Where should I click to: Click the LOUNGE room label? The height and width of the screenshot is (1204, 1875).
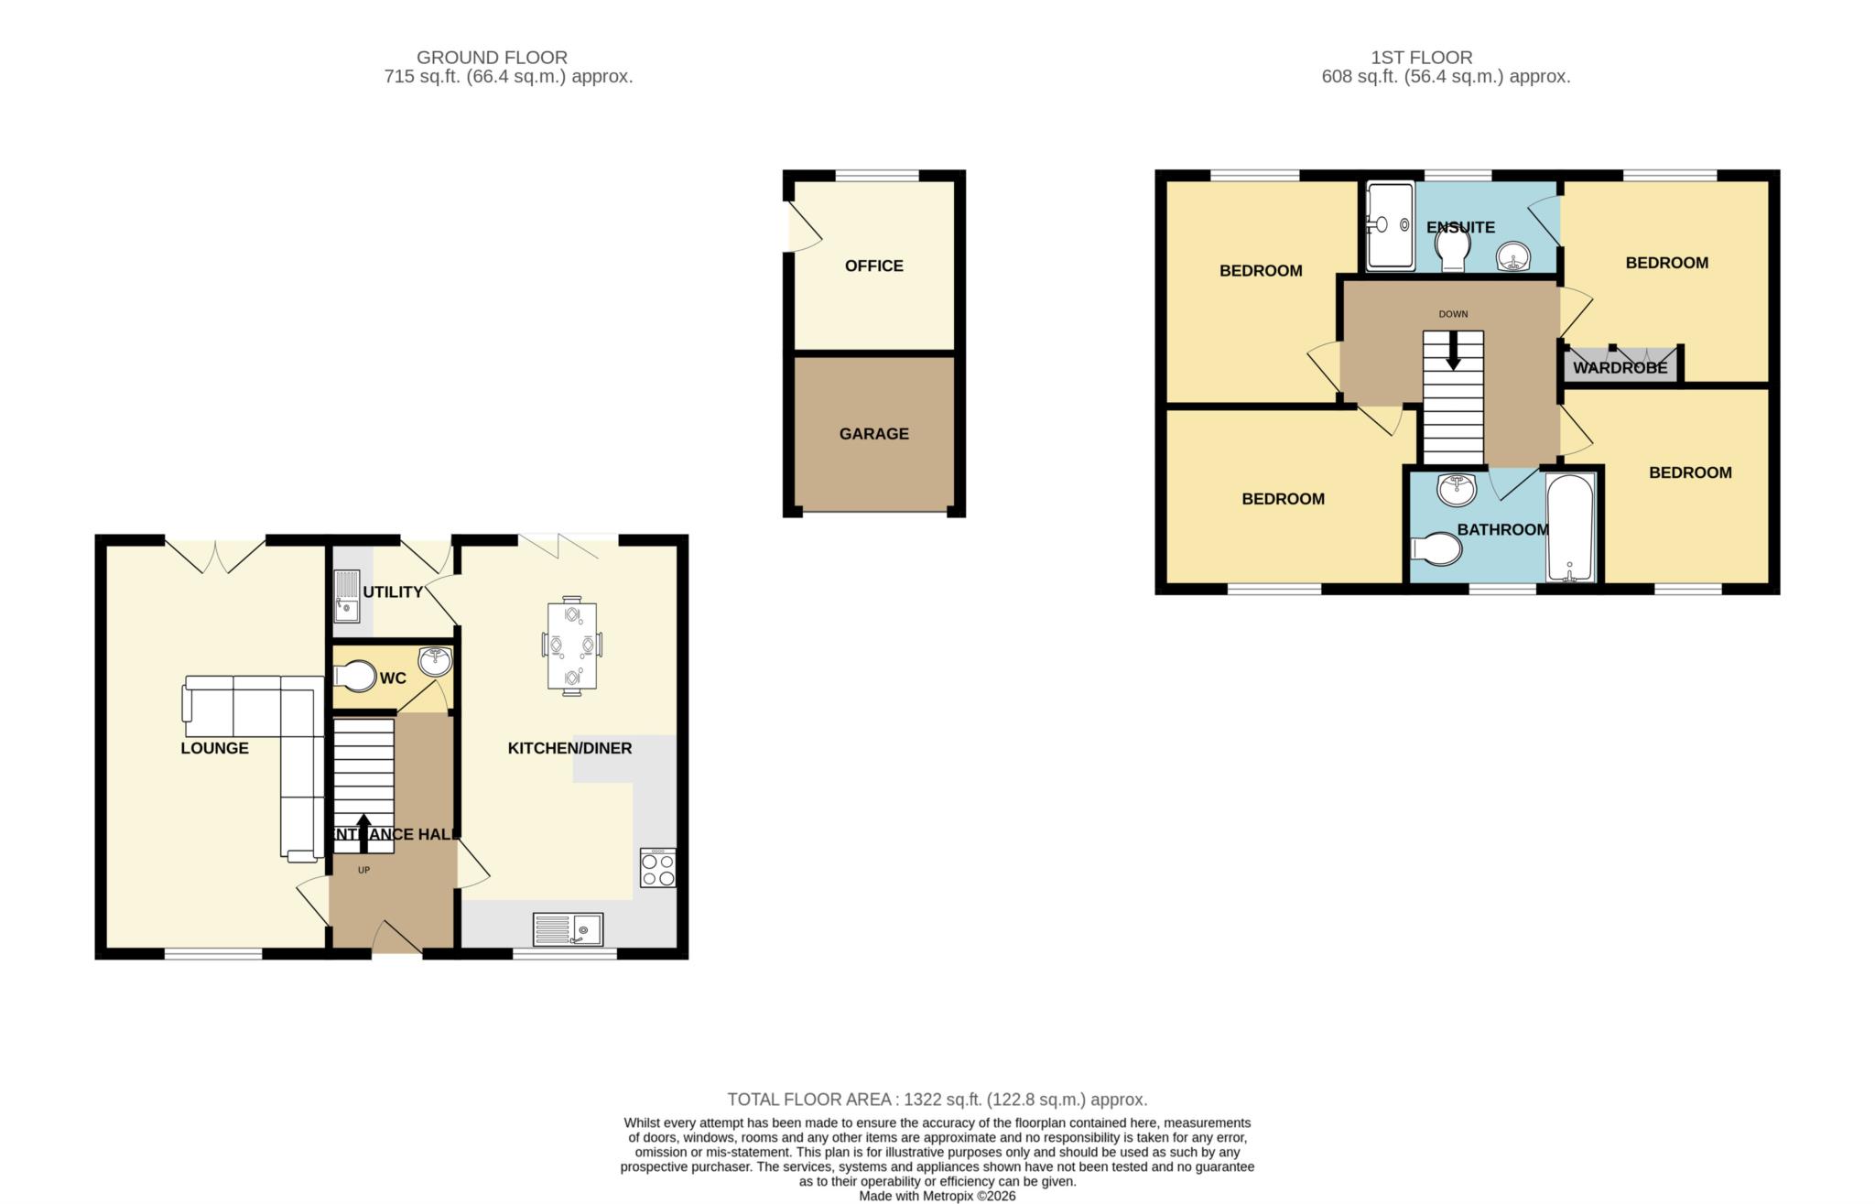pos(214,748)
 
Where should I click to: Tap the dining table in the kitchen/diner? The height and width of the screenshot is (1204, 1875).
pos(571,645)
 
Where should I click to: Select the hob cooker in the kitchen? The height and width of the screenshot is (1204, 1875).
pos(657,868)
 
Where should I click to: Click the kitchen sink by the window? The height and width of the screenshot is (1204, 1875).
pos(568,929)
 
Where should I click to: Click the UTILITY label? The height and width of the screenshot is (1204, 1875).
pos(393,592)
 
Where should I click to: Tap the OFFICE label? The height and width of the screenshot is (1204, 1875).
pos(874,266)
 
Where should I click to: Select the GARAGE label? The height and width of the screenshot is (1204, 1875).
pos(874,434)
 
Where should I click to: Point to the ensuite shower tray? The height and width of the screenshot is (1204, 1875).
pos(1391,225)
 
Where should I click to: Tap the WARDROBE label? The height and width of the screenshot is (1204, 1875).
pos(1620,368)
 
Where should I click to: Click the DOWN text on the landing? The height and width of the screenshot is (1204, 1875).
pos(1453,314)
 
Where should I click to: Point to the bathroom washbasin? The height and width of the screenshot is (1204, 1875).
pos(1457,490)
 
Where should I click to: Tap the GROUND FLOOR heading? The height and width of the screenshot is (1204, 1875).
pos(492,58)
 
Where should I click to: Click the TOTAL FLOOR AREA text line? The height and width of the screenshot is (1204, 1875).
pos(937,1100)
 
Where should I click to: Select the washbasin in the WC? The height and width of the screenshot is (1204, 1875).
pos(436,661)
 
